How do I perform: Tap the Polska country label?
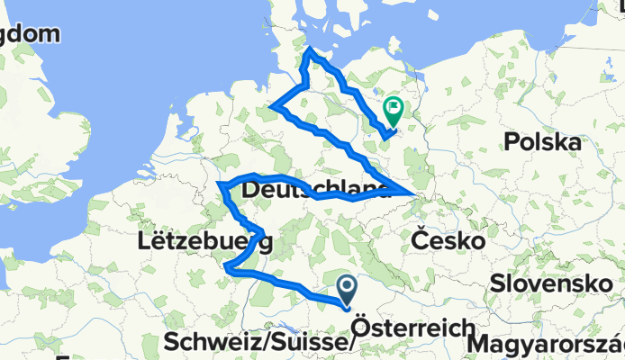541,141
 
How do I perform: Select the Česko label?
448,240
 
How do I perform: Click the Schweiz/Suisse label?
258,343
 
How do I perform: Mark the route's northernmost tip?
311,50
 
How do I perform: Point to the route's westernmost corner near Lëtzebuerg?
220,185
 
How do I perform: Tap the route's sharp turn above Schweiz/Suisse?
228,267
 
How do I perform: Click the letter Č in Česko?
420,239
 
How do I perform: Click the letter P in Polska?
512,141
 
